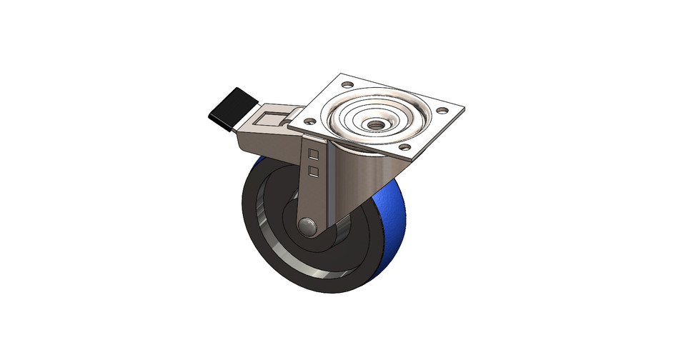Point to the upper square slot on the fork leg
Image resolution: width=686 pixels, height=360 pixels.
click(312, 153)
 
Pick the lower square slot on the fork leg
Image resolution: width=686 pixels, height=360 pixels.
click(312, 169)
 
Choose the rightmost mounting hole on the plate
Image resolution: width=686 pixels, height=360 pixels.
click(442, 111)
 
